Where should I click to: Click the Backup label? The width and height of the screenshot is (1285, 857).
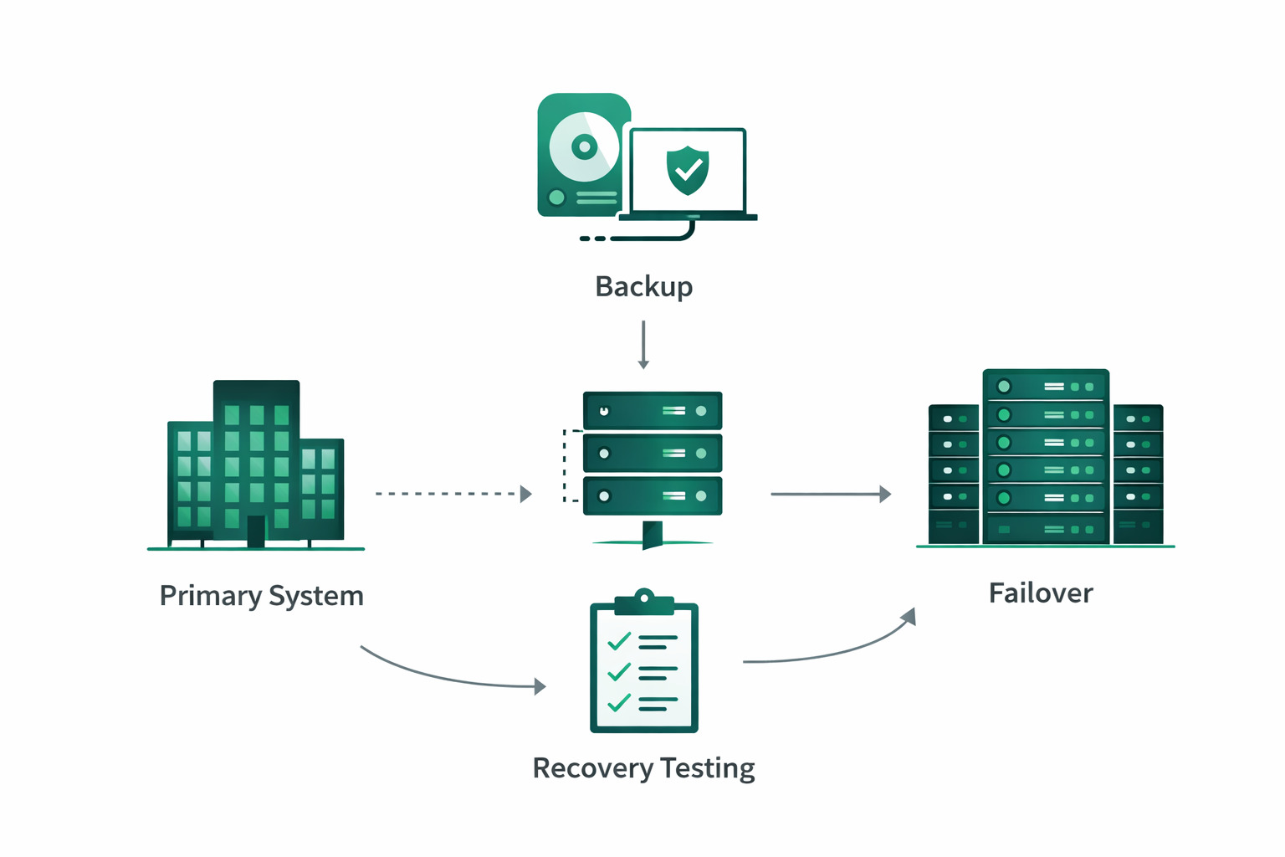pos(643,287)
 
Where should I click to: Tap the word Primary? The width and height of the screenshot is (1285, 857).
pos(210,596)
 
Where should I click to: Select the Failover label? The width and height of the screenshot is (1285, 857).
pos(1041,593)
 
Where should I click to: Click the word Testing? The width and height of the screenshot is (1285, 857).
pos(708,768)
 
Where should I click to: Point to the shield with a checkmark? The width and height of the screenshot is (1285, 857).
pos(688,170)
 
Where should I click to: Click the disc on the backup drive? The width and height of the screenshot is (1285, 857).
pos(585,147)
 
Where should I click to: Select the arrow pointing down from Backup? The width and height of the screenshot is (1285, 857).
pos(643,345)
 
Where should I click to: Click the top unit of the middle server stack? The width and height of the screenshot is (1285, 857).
pos(653,411)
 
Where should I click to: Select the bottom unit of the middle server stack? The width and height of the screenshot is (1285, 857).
pos(653,496)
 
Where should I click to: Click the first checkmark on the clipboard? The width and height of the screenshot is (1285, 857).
pos(619,642)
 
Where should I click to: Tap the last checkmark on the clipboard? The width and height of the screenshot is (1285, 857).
pos(619,702)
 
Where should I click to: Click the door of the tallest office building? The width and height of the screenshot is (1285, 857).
pos(256,531)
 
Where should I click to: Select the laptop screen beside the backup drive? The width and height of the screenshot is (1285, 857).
pos(688,171)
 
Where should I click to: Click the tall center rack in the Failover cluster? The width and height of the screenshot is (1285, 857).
pos(1046,456)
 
